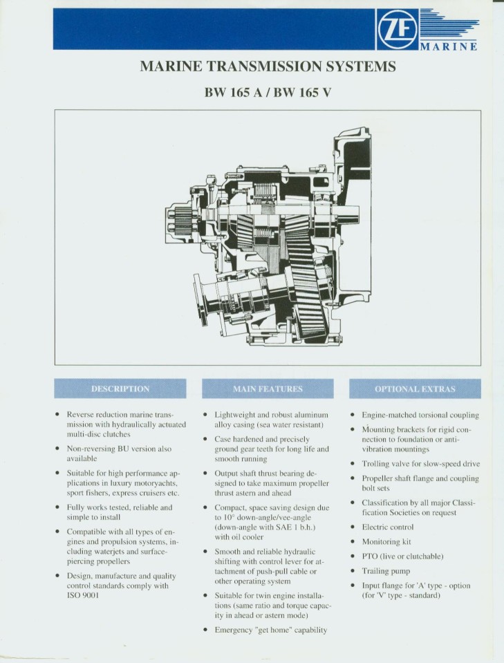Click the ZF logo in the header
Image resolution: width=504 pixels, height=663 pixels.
click(398, 29)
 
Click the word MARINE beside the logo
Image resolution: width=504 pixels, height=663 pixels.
click(449, 46)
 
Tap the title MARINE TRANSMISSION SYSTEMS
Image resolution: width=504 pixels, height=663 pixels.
click(268, 66)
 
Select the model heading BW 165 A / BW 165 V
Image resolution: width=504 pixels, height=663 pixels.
click(268, 91)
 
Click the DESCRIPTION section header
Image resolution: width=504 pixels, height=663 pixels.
click(120, 389)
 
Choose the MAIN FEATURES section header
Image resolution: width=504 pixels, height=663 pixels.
click(268, 389)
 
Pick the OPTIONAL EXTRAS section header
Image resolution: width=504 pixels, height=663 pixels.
click(415, 389)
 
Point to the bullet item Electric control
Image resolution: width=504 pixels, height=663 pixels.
click(388, 527)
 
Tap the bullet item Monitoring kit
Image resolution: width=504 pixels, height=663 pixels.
click(386, 542)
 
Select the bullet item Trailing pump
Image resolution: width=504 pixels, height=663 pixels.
click(386, 571)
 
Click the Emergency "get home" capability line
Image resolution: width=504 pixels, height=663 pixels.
click(270, 630)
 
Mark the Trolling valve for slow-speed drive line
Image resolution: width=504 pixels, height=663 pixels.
click(420, 463)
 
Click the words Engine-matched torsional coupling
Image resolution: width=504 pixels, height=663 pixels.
click(420, 415)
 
